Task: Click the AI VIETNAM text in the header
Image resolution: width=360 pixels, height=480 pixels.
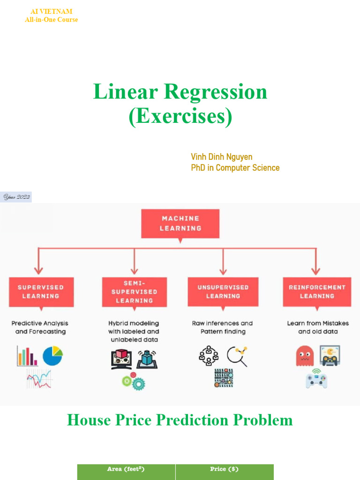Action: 51,11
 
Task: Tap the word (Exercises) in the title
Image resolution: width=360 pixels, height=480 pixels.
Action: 180,117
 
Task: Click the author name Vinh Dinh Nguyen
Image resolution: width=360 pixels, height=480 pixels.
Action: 222,157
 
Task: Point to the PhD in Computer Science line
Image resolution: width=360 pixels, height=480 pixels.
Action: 235,168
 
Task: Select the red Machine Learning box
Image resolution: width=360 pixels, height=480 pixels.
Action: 180,223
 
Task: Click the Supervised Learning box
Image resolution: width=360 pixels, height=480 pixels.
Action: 40,292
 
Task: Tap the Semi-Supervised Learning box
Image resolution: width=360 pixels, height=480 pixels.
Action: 135,292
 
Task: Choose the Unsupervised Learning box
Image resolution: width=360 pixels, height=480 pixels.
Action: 223,292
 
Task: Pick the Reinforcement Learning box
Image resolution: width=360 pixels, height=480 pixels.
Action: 317,292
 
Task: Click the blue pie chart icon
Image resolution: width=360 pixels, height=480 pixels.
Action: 52,356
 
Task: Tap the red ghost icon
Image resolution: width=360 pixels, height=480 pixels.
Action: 305,356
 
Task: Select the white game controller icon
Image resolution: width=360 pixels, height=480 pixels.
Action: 316,379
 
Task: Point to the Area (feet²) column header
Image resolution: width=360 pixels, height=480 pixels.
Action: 126,470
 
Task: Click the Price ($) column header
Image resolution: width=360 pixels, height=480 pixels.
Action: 225,470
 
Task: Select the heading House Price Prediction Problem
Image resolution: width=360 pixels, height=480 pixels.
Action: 180,420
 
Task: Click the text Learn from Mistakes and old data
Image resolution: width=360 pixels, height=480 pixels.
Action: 317,327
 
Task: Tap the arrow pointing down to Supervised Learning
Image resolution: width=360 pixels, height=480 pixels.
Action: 38,267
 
